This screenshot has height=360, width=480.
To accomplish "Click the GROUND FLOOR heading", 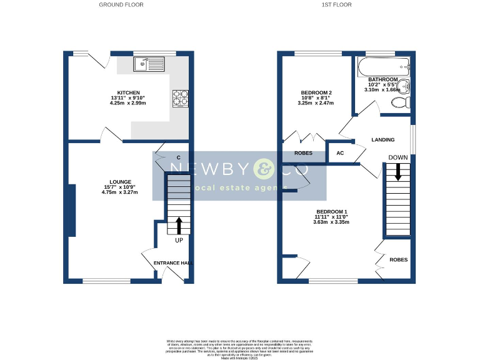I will [x=121, y=4].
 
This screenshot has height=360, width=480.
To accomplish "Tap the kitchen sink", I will [x=148, y=64].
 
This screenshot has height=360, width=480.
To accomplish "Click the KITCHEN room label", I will [x=120, y=92].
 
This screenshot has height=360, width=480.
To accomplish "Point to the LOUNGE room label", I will [x=120, y=182].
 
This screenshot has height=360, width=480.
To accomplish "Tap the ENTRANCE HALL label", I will [x=172, y=263].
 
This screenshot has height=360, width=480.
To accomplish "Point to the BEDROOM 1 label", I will [x=331, y=211].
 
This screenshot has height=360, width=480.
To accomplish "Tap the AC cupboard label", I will [x=341, y=152].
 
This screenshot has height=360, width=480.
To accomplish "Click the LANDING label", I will [x=382, y=140].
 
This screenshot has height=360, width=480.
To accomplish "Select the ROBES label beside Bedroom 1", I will [x=399, y=259].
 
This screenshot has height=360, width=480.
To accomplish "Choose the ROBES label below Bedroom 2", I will [x=303, y=152].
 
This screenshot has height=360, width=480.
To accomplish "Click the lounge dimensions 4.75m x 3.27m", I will [x=120, y=192].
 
